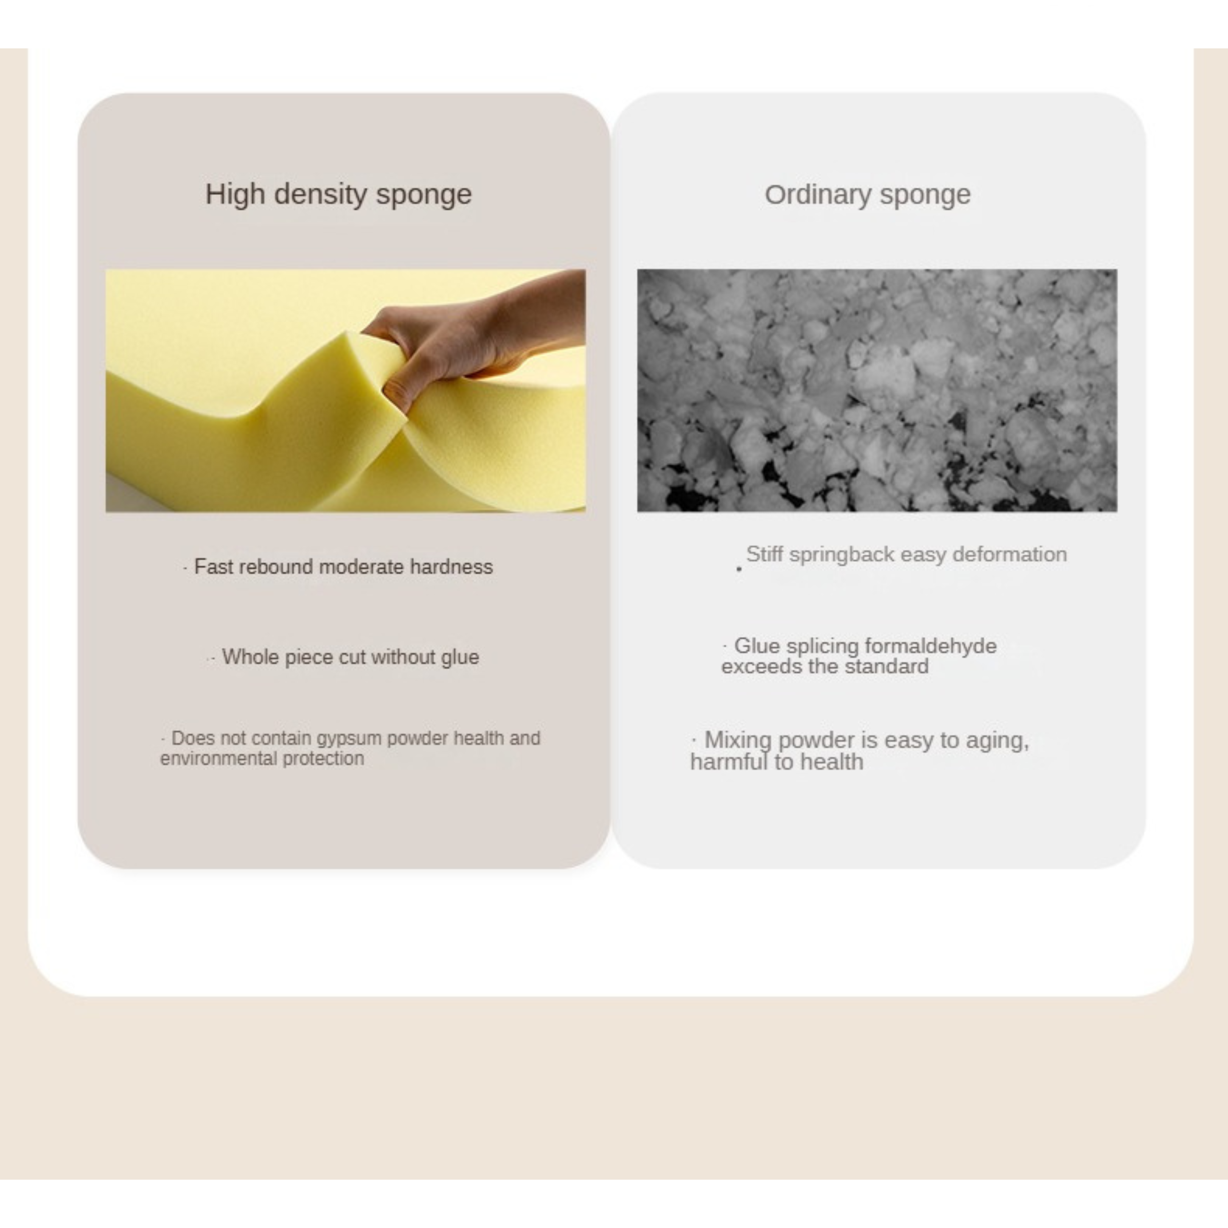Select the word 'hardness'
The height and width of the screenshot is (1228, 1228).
coord(451,566)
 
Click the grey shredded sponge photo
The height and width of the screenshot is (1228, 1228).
coord(877,390)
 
